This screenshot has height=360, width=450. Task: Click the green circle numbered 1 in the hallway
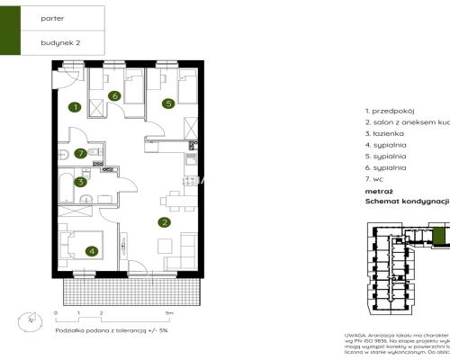pyautogui.click(x=76, y=107)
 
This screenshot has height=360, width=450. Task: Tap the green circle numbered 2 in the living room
pyautogui.click(x=164, y=222)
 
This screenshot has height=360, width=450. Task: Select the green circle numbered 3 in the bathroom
pyautogui.click(x=82, y=182)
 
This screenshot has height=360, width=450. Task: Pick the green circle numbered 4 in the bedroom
pyautogui.click(x=91, y=252)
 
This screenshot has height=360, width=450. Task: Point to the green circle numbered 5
pyautogui.click(x=167, y=103)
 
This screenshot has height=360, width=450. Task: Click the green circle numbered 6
pyautogui.click(x=114, y=95)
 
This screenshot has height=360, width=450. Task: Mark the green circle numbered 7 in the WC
pyautogui.click(x=81, y=153)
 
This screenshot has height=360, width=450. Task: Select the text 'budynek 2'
pyautogui.click(x=60, y=42)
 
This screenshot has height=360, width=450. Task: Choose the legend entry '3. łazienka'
pyautogui.click(x=384, y=132)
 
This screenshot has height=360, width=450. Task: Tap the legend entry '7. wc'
pyautogui.click(x=375, y=179)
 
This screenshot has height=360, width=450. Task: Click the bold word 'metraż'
pyautogui.click(x=378, y=191)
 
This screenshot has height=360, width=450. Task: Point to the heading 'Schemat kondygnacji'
pyautogui.click(x=406, y=202)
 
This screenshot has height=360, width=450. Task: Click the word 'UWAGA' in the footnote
pyautogui.click(x=355, y=333)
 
